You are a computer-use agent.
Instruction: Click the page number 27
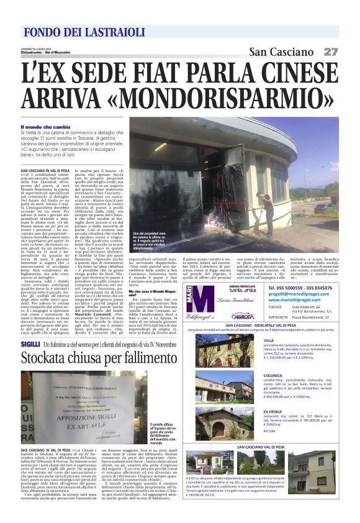(330, 52)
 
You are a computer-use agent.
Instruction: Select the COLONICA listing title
(272, 375)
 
